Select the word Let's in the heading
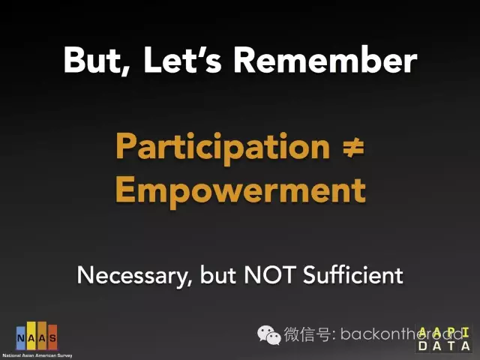pos(183,59)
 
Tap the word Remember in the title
pos(325,59)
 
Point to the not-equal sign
pos(353,148)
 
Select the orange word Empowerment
pos(241,192)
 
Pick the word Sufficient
pos(353,274)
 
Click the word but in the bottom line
pos(218,274)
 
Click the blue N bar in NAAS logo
pos(21,338)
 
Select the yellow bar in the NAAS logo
pos(31,336)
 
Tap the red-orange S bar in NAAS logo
pos(52,337)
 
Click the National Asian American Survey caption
pos(37,355)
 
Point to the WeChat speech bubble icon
pos(268,335)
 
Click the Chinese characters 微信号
pos(307,334)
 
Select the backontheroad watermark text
pos(401,334)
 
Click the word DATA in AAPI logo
pos(444,346)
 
